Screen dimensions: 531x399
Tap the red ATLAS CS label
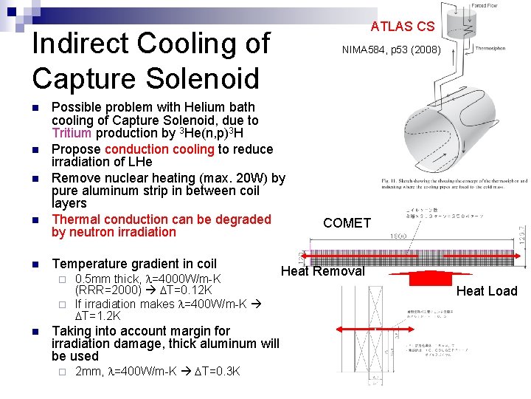pos(402,27)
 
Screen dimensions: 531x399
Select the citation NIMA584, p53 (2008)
pos(391,50)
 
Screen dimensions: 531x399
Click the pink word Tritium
pos(72,133)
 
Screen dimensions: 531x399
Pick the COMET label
pos(347,223)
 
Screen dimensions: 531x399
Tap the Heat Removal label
pos(322,271)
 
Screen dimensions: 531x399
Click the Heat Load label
pos(486,291)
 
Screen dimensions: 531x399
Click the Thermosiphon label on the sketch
pos(490,48)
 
